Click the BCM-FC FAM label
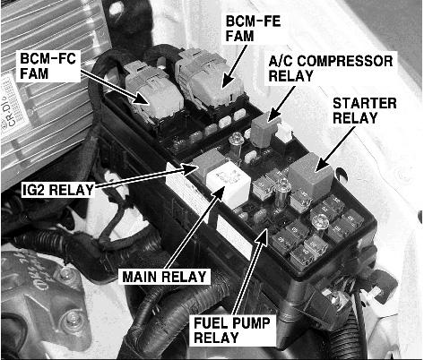(x=48, y=66)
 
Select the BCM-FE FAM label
(x=253, y=29)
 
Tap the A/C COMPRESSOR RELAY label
(x=331, y=68)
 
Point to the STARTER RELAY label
(x=365, y=110)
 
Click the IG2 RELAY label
(x=58, y=190)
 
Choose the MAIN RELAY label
(x=165, y=277)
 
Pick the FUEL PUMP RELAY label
(x=232, y=330)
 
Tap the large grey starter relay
(x=311, y=176)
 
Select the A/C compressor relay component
(x=263, y=132)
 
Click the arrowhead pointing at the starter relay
(x=322, y=164)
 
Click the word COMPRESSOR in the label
(x=345, y=61)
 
